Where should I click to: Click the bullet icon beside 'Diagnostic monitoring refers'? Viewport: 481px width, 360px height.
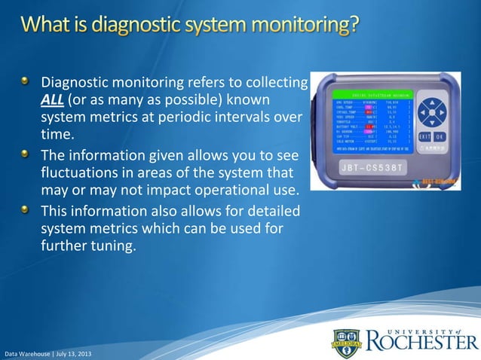[27, 81]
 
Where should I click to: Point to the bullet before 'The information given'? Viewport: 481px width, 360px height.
[27, 154]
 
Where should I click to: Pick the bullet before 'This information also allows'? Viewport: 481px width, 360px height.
[27, 209]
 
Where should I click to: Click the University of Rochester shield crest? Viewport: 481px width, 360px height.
[343, 343]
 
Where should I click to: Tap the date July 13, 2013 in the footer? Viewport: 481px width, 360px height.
[74, 353]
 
